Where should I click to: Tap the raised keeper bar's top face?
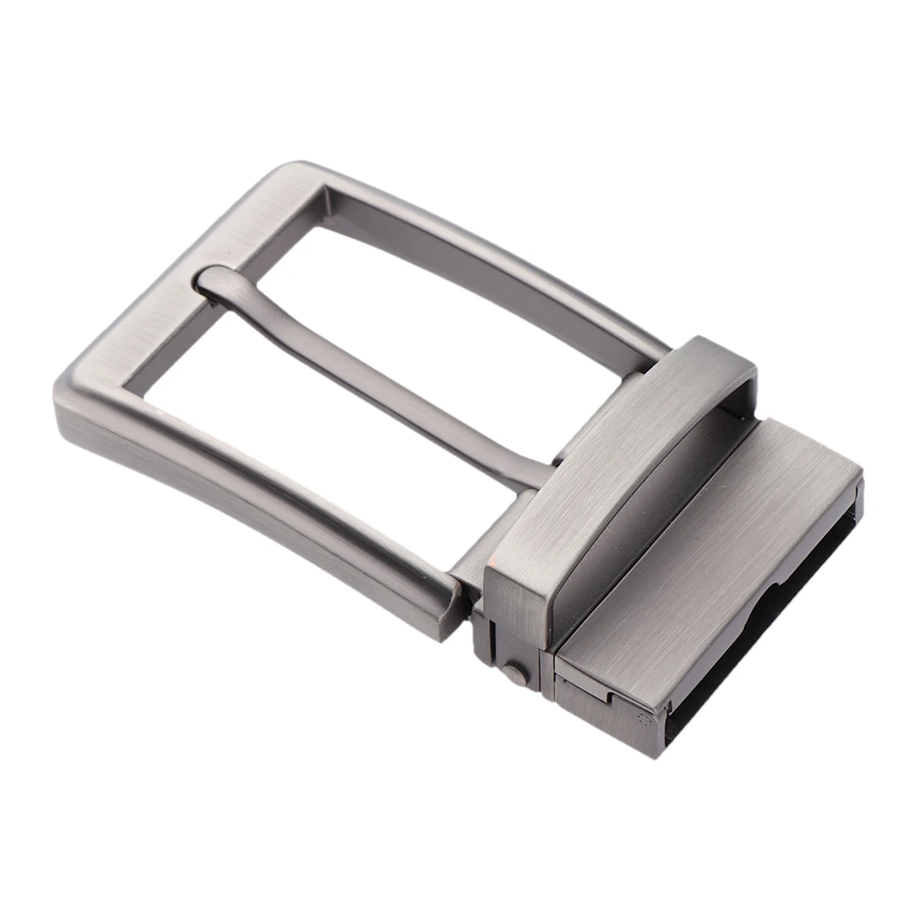[x=613, y=447]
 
